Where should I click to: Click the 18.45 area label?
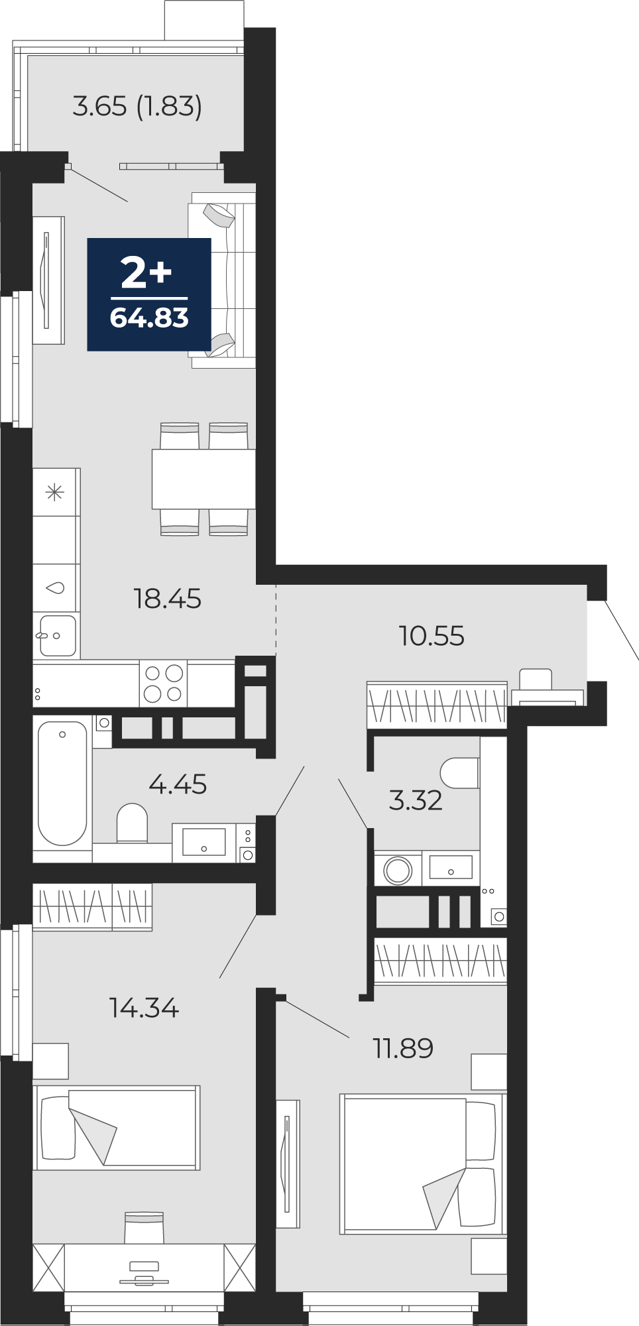(x=167, y=599)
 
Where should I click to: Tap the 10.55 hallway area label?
(x=432, y=636)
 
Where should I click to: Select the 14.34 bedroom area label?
(x=144, y=1008)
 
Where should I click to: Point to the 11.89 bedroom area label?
(x=403, y=1048)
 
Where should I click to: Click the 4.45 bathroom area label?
(x=178, y=784)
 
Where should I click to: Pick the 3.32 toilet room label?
(x=416, y=800)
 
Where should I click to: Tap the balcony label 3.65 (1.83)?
(x=137, y=106)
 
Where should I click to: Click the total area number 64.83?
(x=149, y=318)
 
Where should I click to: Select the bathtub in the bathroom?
(x=62, y=783)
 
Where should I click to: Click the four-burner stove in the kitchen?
(x=163, y=684)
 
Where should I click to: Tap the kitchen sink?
(x=57, y=635)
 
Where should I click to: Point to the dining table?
(x=203, y=479)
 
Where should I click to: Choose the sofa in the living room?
(x=222, y=280)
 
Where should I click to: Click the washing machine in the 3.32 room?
(x=398, y=869)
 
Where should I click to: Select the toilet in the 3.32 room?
(x=460, y=773)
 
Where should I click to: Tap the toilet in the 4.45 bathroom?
(x=132, y=823)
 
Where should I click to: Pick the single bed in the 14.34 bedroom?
(x=117, y=1127)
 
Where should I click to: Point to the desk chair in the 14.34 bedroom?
(x=144, y=1227)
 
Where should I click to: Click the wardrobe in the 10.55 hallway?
(x=437, y=704)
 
